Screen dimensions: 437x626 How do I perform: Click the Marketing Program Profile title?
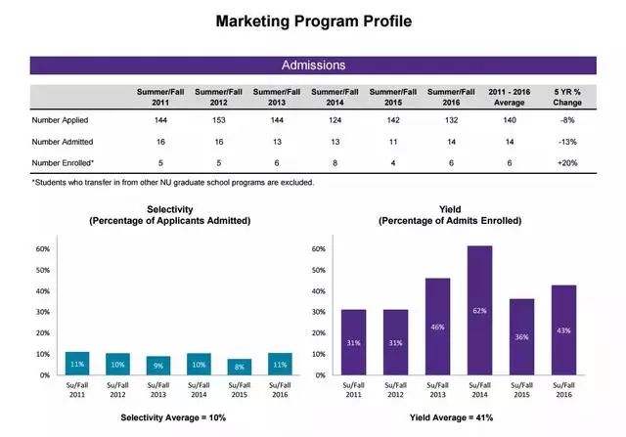pos(313,20)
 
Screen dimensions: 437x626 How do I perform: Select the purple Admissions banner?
pos(313,66)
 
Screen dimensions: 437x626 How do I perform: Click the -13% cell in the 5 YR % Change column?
pos(566,141)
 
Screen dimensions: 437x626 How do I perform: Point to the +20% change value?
pos(566,162)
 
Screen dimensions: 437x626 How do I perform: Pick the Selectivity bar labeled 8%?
pos(238,365)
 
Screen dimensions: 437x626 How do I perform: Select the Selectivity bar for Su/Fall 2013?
pos(157,365)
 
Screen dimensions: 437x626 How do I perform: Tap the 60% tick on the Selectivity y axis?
pos(42,248)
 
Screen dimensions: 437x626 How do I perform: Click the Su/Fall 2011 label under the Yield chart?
pos(353,390)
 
